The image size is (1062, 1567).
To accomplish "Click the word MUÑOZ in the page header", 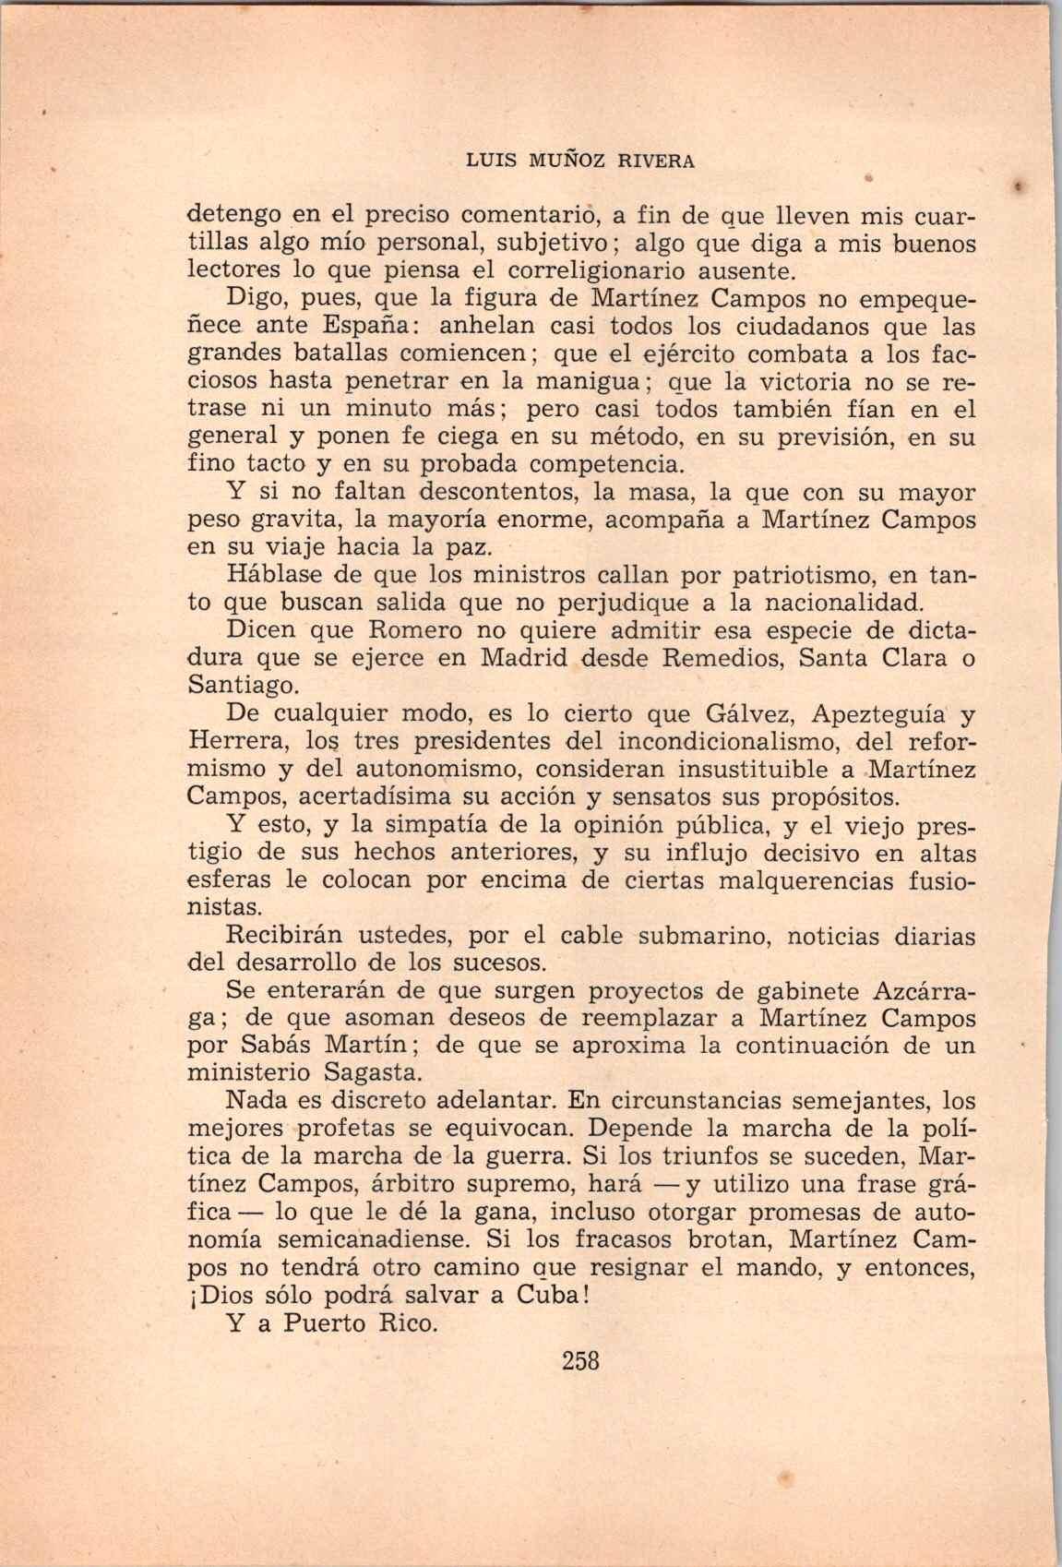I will coord(570,161).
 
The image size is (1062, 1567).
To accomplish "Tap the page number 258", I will coord(580,1359).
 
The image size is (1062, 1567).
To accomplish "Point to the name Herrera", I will coord(240,742).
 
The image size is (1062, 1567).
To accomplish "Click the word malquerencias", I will coord(769,880).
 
